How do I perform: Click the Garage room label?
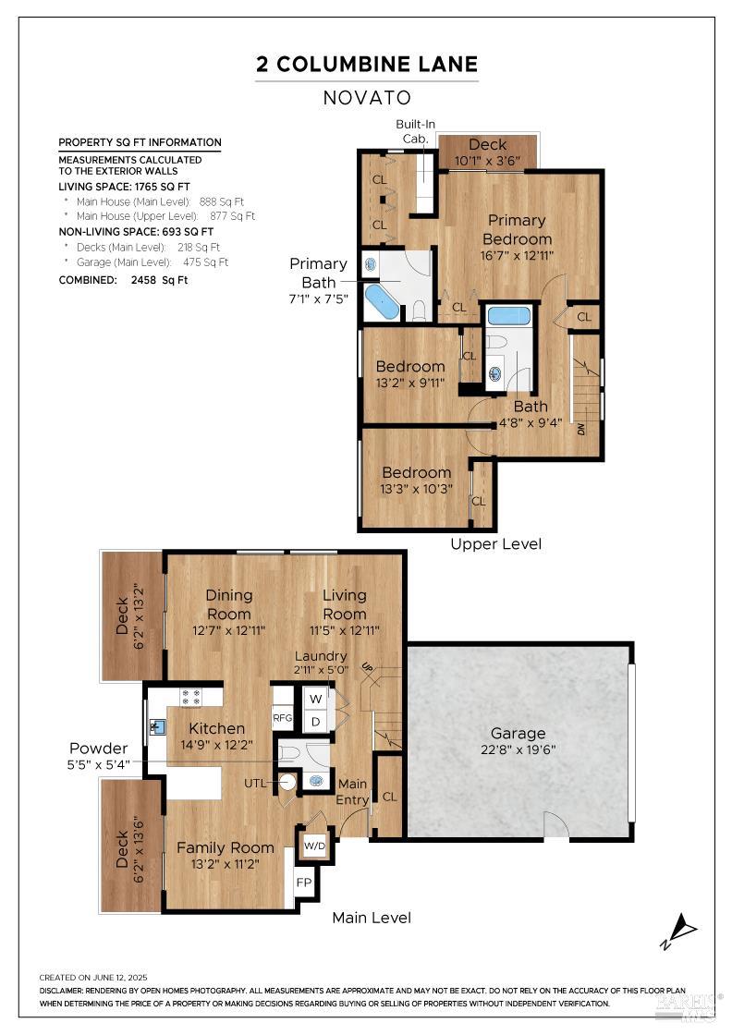pos(518,734)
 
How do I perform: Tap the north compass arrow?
pos(680,928)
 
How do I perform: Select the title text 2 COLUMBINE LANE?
pos(367,64)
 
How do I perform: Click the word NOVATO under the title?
pos(367,98)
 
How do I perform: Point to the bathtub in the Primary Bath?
pos(382,301)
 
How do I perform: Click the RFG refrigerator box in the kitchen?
pos(282,718)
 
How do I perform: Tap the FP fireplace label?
pos(303,882)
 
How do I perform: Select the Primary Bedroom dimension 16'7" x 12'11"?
pos(517,255)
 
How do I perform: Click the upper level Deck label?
pos(487,145)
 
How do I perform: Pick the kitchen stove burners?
pos(190,697)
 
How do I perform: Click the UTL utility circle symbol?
pos(287,783)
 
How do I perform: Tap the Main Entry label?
pos(353,792)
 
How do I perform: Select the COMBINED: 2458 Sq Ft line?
pos(123,280)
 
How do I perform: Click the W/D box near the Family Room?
pos(314,846)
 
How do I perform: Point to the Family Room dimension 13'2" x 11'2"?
pos(225,865)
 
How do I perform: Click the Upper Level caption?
pos(495,544)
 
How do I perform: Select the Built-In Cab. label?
pos(416,130)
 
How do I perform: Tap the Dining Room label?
pos(228,604)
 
